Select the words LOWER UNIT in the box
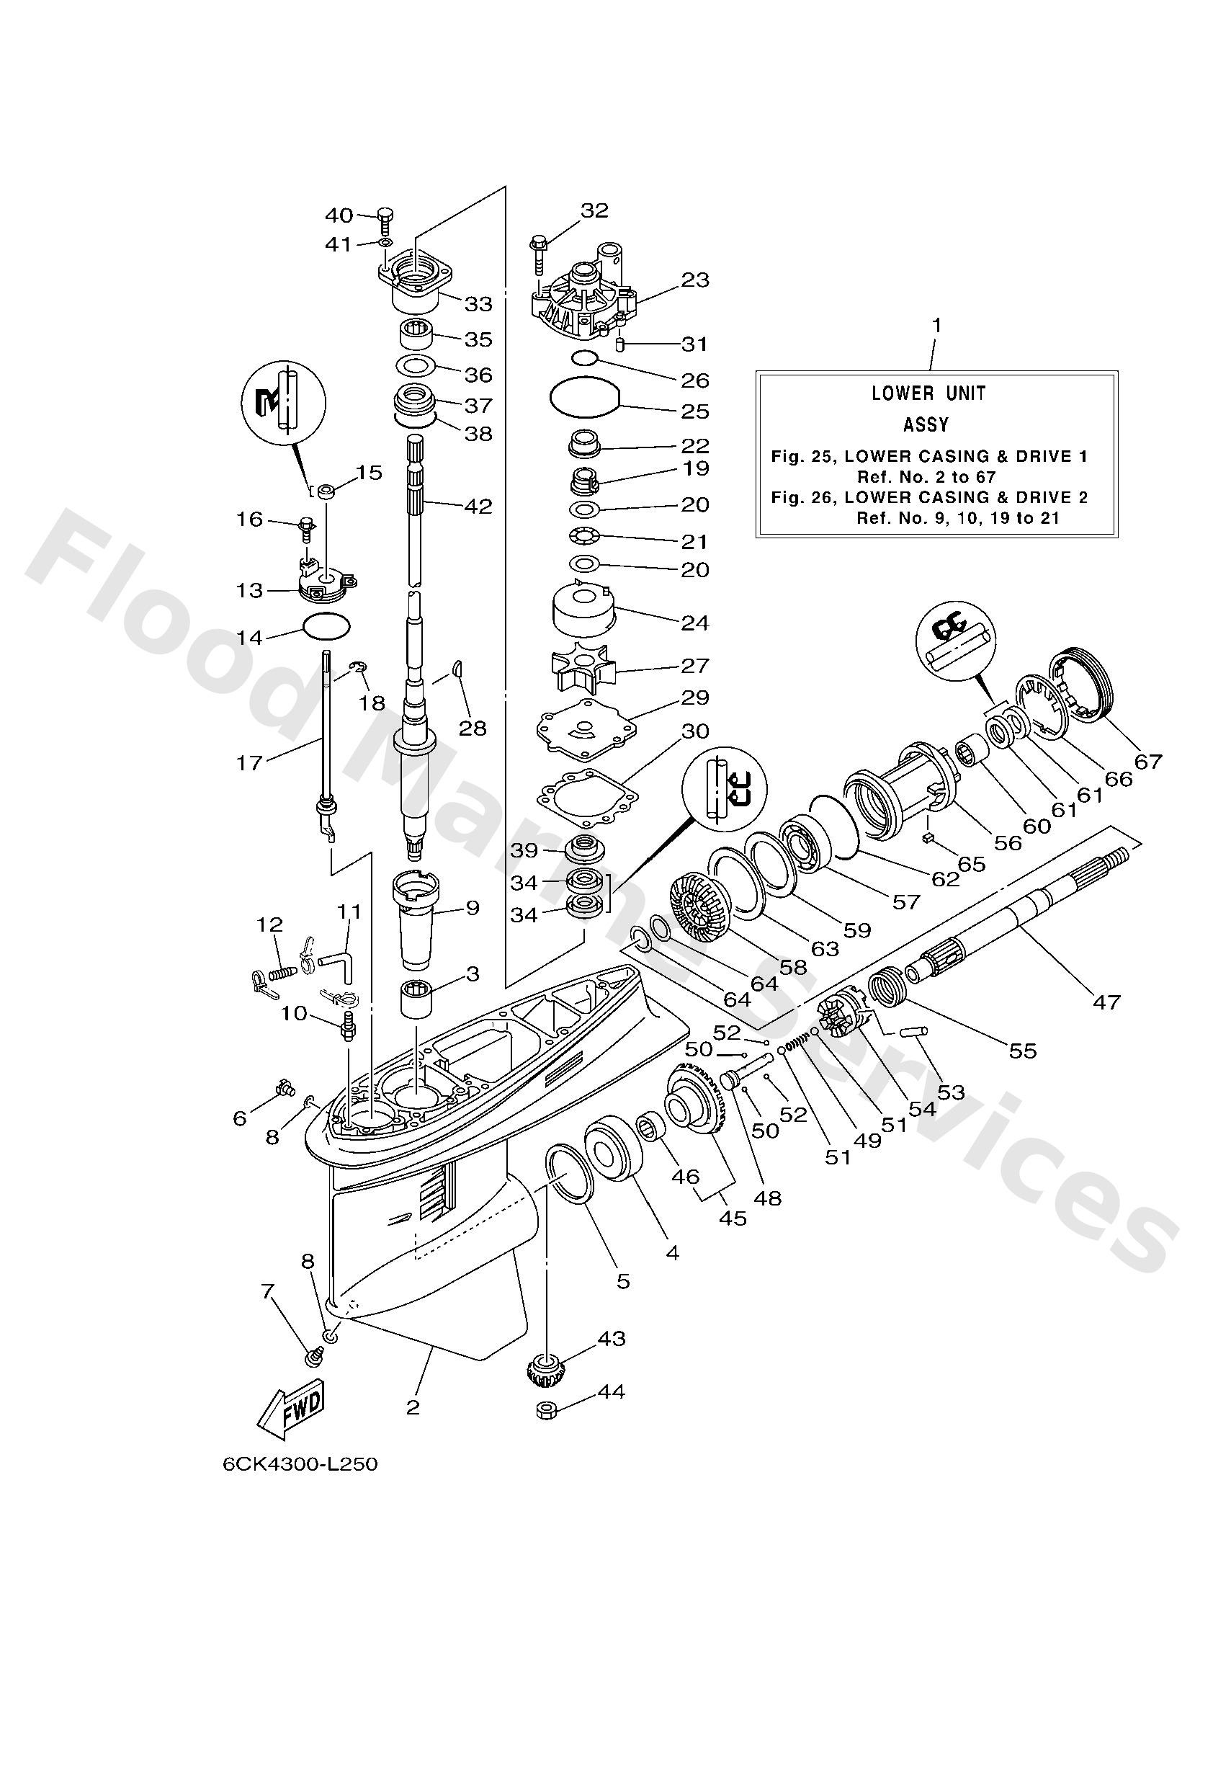tap(928, 393)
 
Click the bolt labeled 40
tap(385, 220)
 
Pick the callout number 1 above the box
tap(936, 325)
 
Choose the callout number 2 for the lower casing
tap(413, 1407)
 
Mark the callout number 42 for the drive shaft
tap(478, 506)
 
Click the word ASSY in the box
tap(926, 424)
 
